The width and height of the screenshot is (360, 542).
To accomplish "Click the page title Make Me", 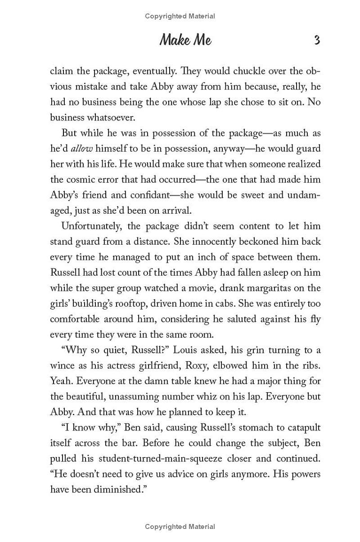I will [x=185, y=40].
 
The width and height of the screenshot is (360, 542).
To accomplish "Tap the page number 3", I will [x=317, y=40].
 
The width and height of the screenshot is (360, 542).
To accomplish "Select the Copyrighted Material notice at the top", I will [x=180, y=16].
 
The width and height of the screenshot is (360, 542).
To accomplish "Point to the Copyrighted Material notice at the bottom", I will [x=180, y=526].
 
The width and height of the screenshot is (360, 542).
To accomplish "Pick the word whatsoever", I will [x=97, y=117].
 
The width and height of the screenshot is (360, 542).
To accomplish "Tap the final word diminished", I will [x=117, y=489].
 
